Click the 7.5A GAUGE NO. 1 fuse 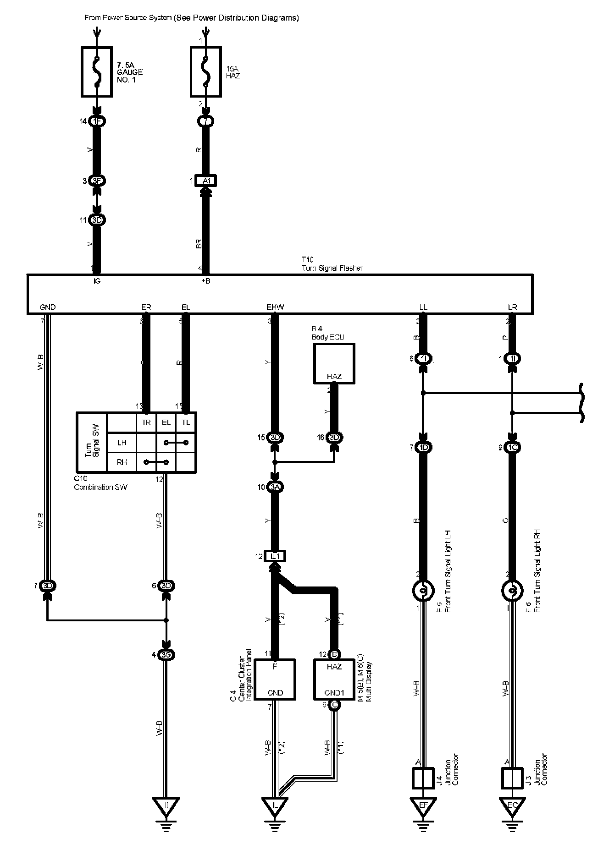point(97,71)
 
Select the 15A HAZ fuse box point(206,71)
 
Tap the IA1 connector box point(206,181)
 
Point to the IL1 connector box point(275,556)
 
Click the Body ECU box point(334,363)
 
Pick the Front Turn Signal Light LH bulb point(423,591)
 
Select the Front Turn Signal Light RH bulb point(512,591)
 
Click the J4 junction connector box point(423,778)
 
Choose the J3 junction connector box point(512,778)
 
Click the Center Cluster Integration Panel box point(275,679)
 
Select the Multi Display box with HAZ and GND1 point(334,679)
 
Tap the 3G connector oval point(166,655)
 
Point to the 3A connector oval point(275,487)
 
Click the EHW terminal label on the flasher point(275,307)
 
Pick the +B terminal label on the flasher point(206,281)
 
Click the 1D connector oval point(423,447)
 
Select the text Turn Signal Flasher point(332,268)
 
